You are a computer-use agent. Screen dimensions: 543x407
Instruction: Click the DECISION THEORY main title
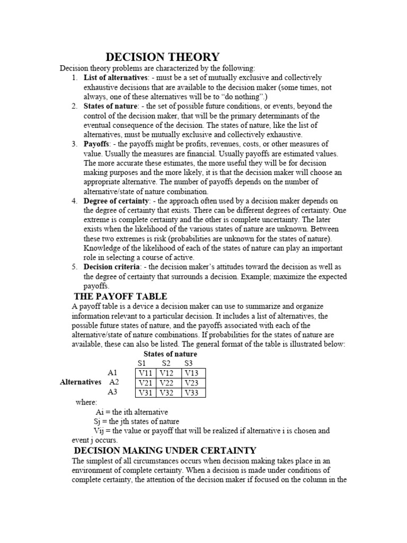point(163,57)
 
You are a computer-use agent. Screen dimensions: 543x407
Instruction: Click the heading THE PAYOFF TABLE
point(120,296)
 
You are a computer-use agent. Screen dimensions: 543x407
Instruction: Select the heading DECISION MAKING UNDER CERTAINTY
point(165,450)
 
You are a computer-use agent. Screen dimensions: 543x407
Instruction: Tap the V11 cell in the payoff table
point(147,373)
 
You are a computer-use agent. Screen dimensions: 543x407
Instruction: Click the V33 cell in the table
point(193,393)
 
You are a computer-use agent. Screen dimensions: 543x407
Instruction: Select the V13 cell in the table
point(193,373)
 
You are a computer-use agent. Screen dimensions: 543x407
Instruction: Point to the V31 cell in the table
point(147,393)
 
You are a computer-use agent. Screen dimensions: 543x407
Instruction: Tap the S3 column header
point(189,363)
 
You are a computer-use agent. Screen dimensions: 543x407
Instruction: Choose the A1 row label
point(112,373)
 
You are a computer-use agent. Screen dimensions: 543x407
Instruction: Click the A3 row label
point(112,392)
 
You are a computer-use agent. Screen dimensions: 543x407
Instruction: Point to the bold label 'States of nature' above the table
point(170,354)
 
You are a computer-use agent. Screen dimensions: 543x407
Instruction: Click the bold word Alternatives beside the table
point(80,382)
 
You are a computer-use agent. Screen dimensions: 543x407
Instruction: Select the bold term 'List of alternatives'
point(116,78)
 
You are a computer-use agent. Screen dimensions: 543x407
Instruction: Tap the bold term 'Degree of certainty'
point(117,201)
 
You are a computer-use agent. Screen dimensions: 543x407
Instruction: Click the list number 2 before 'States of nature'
point(75,106)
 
